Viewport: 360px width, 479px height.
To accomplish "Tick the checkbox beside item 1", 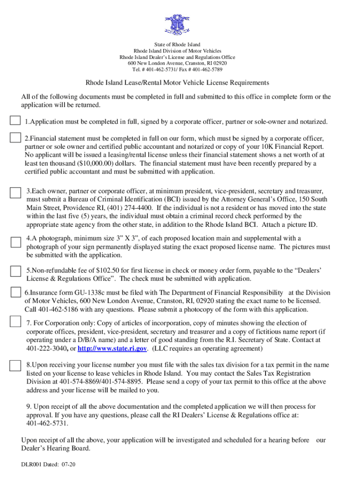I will point(15,120).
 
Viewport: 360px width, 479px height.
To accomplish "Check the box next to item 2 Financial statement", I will point(15,138).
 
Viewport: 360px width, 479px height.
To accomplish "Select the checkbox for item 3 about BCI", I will point(15,193).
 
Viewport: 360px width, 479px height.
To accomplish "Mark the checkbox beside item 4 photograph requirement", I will point(15,241).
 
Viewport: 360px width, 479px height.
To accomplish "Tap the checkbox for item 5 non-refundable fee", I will point(15,272).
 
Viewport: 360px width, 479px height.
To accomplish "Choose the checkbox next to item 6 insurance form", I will point(15,293).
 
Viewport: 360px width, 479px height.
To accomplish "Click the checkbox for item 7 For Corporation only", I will point(15,321).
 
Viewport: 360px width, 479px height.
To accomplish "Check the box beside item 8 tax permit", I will point(15,365).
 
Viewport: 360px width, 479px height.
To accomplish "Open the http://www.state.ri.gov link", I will point(113,349).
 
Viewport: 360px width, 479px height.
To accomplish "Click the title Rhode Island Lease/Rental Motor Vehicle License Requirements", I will point(177,83).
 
